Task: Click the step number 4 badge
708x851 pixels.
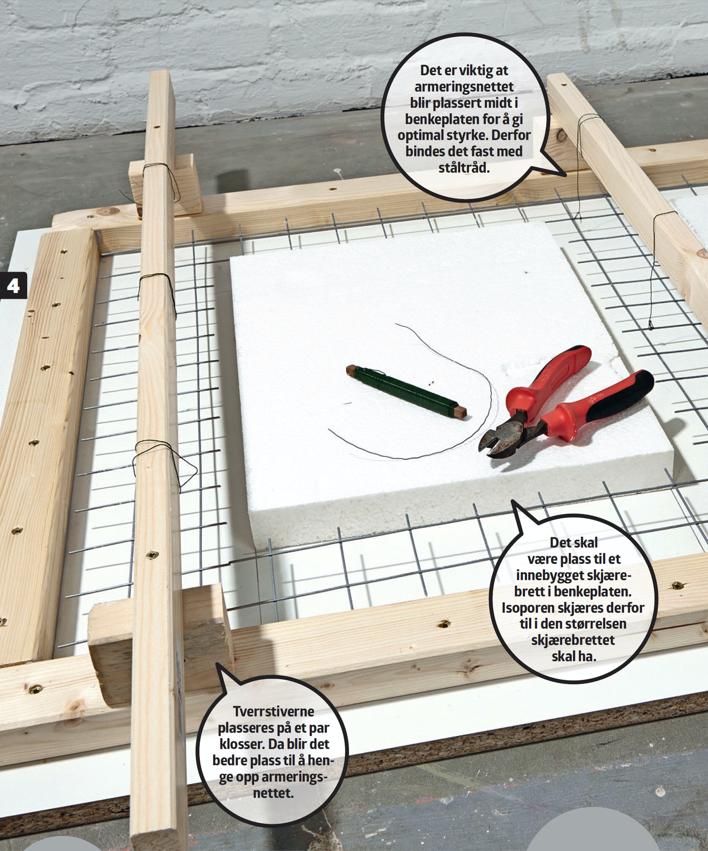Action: coord(13,286)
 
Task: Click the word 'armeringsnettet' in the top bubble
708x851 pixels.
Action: coord(464,87)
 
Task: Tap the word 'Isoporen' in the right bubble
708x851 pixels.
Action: coord(529,607)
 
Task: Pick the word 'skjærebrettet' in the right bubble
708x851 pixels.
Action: coord(573,640)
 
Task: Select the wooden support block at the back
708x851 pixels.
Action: coord(165,184)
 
